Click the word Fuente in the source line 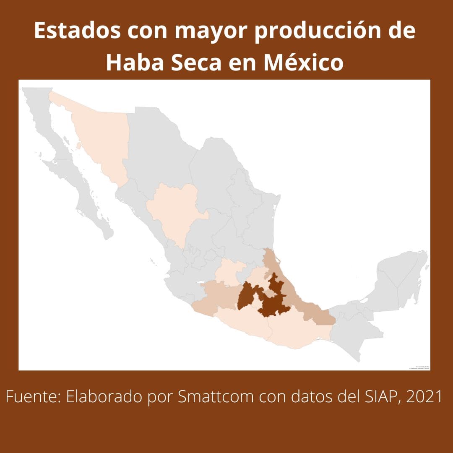pyautogui.click(x=32, y=397)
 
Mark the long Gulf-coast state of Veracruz pyautogui.click(x=294, y=294)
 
